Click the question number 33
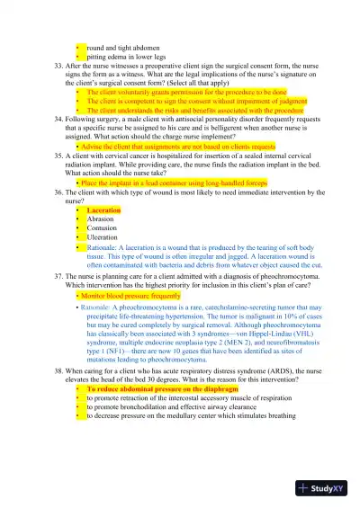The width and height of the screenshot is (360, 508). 58,66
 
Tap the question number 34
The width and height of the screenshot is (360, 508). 58,119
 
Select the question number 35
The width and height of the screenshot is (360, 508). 58,154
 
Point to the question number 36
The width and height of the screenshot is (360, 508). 58,192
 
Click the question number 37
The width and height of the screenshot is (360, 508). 58,277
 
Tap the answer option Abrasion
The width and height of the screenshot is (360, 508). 101,218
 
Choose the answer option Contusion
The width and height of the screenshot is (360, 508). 103,227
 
